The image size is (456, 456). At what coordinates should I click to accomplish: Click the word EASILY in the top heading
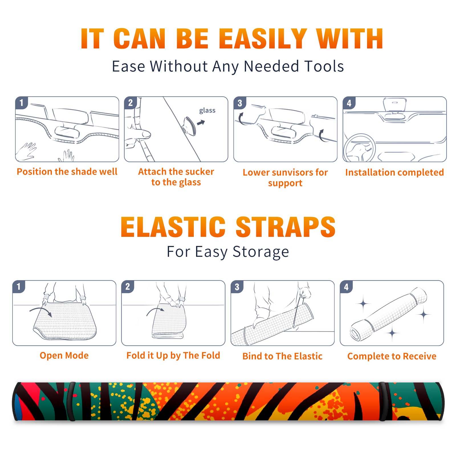[x=263, y=39]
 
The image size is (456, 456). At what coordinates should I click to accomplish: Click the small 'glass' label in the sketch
[x=207, y=111]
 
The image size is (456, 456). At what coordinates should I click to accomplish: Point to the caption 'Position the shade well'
[x=67, y=172]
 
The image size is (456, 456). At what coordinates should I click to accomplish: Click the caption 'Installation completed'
[x=394, y=172]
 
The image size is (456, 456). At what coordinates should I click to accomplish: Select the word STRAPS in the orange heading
[x=286, y=227]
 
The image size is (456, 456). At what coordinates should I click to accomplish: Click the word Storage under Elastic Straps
[x=261, y=252]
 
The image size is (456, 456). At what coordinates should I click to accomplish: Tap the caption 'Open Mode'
[x=64, y=355]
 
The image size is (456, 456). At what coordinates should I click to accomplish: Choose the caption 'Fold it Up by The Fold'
[x=173, y=355]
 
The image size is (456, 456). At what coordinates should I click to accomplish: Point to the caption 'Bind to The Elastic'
[x=282, y=356]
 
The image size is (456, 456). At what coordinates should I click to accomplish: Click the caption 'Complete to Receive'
[x=392, y=356]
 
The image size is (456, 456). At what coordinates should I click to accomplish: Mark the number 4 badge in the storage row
[x=346, y=287]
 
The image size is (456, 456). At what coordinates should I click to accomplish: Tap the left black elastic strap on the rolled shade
[x=72, y=401]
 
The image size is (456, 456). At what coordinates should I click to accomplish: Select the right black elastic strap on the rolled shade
[x=384, y=401]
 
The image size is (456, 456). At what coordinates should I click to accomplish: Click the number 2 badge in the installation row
[x=131, y=103]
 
